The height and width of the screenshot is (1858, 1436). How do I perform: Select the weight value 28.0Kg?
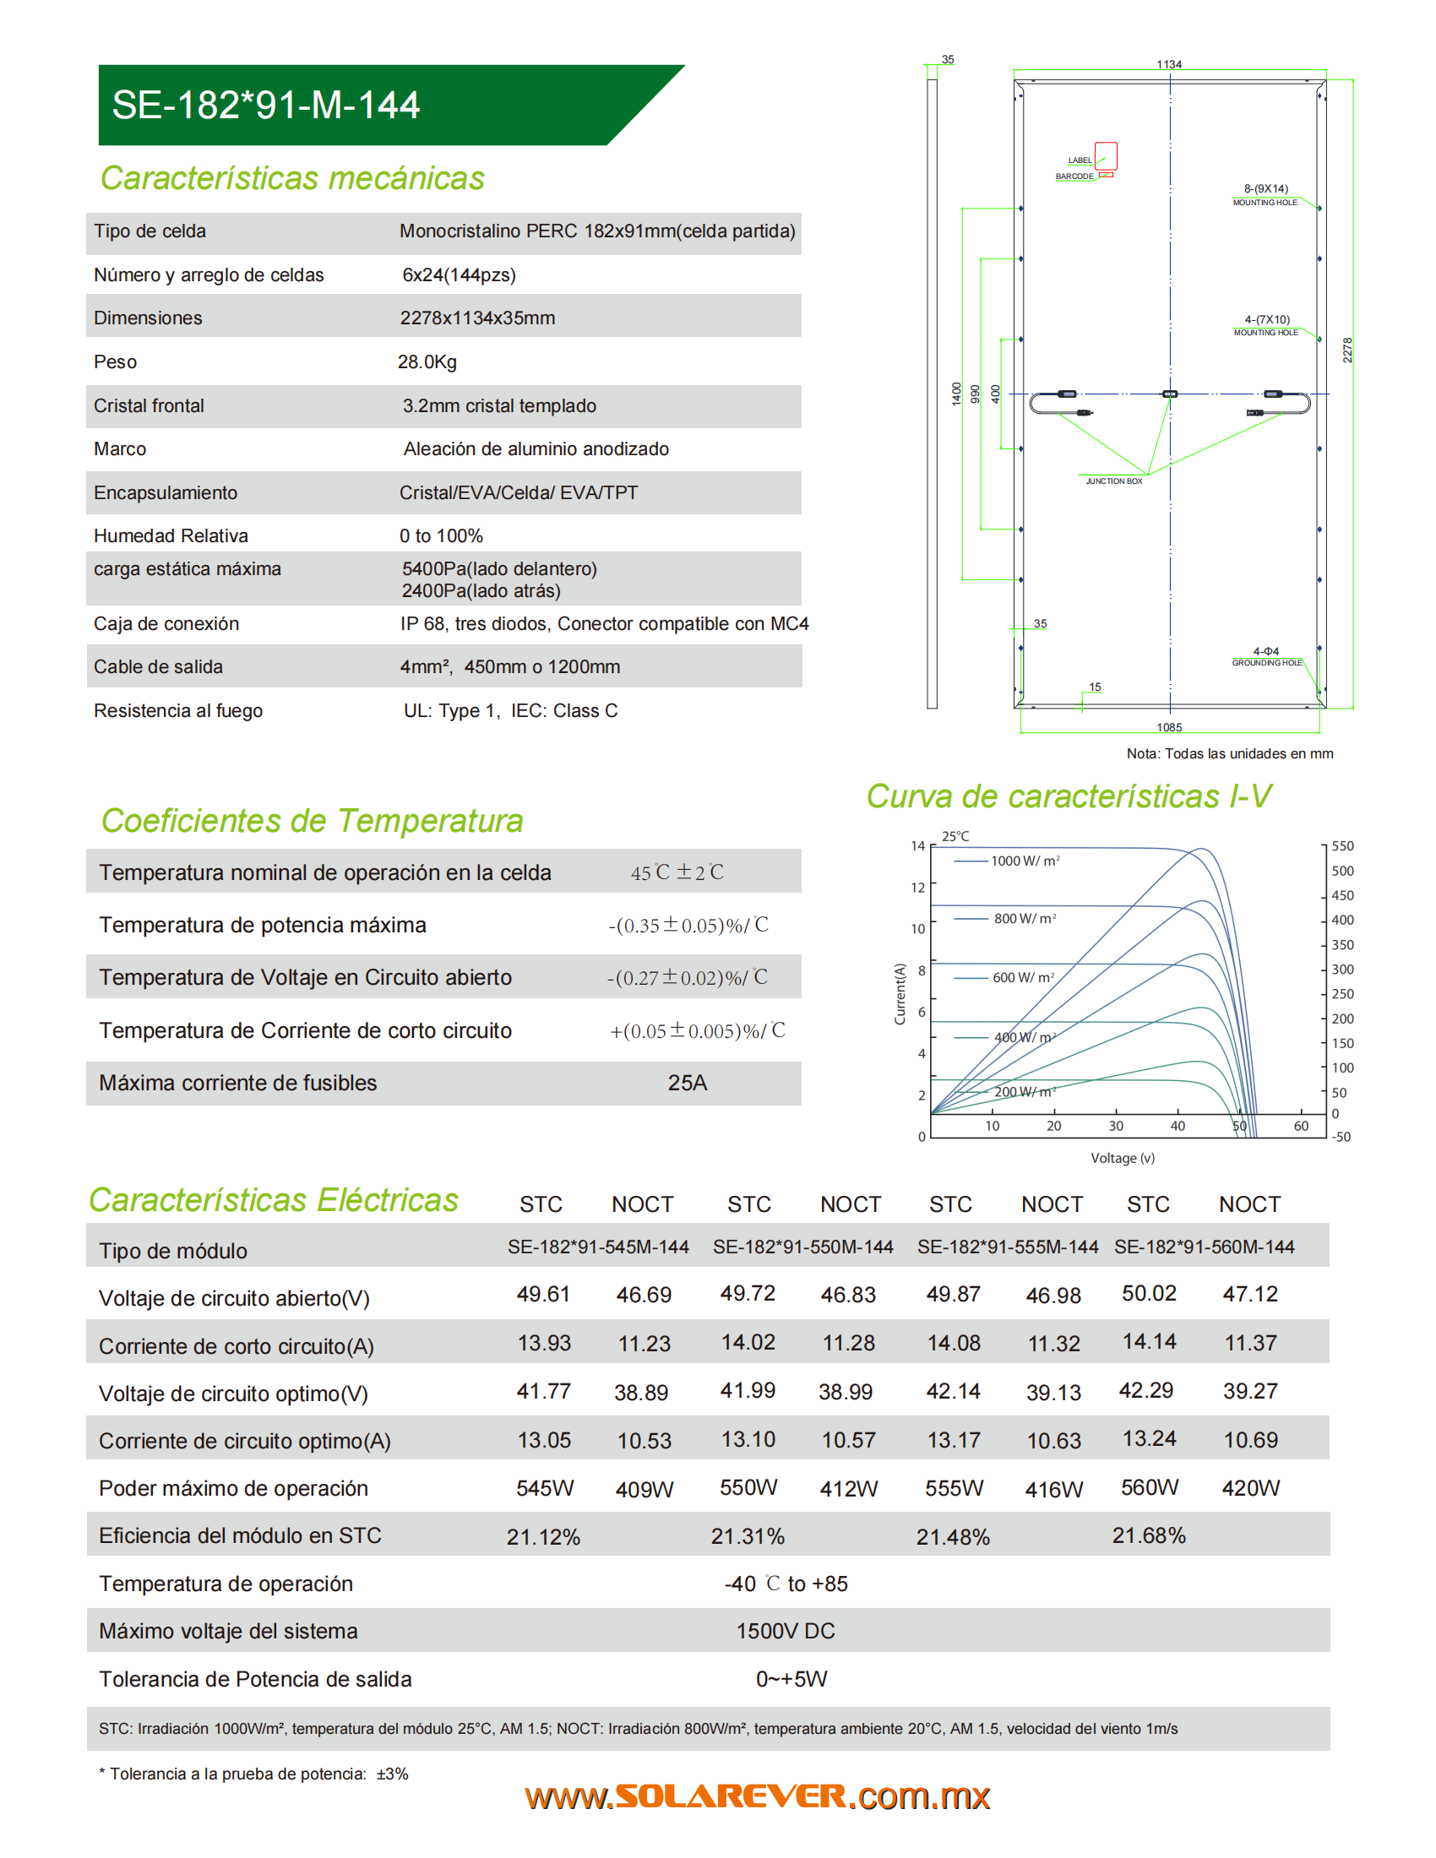coord(427,361)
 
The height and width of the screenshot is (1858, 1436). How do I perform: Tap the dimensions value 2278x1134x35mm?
coord(477,318)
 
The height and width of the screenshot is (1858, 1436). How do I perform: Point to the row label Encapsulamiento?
coord(165,492)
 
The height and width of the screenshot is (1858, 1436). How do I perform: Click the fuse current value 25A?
coord(688,1083)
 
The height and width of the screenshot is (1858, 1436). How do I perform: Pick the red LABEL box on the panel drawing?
coord(1105,155)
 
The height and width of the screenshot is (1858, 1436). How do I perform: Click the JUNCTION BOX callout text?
coord(1113,481)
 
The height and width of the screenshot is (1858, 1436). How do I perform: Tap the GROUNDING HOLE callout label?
coord(1267,663)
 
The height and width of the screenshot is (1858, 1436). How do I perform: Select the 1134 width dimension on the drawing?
coord(1169,65)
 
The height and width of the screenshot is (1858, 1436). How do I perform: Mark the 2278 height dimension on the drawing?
coord(1347,350)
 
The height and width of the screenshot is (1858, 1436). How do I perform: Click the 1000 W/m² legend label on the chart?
coord(1025,861)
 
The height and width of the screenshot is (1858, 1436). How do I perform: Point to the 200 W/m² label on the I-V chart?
coord(1025,1091)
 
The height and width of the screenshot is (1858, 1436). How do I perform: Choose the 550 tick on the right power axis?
coord(1342,846)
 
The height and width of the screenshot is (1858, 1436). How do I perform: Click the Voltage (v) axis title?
coord(1123,1158)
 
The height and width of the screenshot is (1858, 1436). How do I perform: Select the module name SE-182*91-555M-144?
coord(1007,1247)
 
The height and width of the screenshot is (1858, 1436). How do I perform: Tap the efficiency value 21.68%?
coord(1149,1535)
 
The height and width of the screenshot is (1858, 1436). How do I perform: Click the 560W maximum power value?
coord(1150,1487)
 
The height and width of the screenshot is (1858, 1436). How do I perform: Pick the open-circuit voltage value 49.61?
coord(543,1294)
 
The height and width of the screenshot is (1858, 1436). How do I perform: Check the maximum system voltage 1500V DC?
coord(786,1631)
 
